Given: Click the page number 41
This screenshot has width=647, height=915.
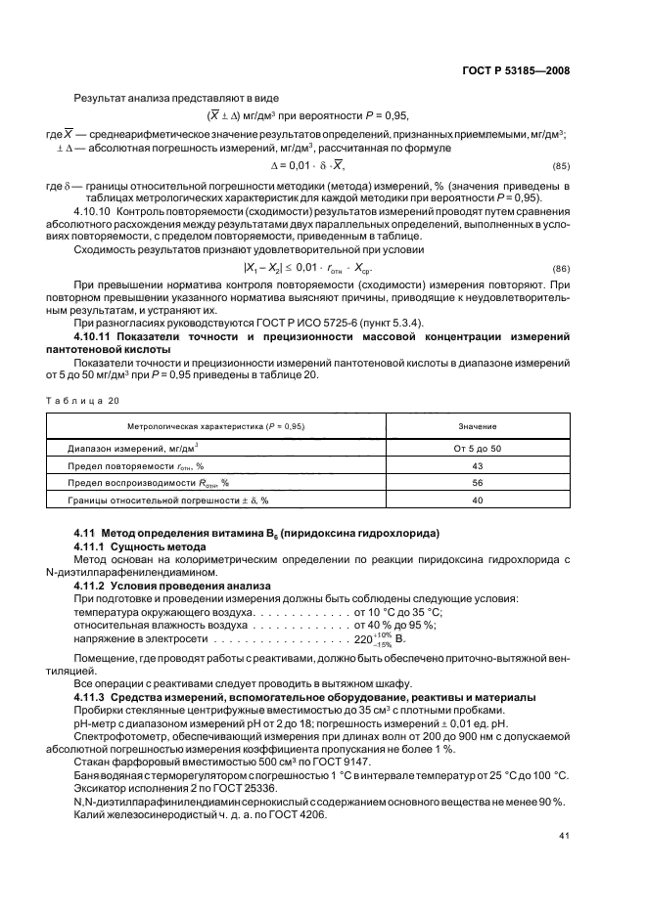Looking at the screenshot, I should tap(564, 835).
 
